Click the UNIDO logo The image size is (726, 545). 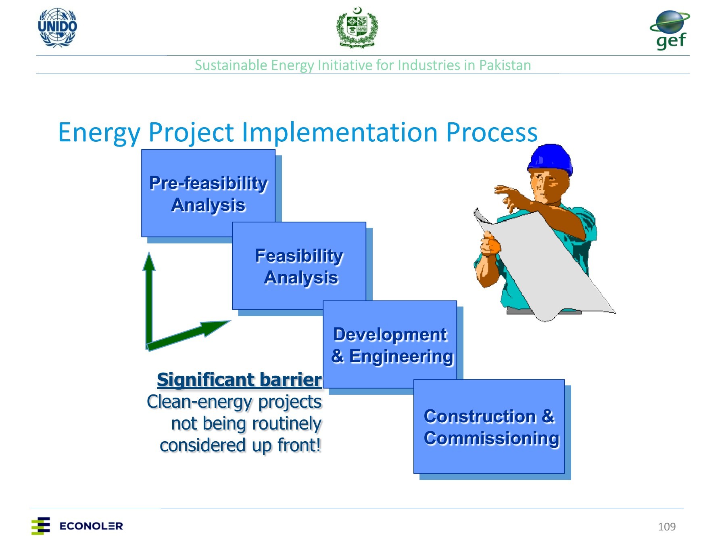click(57, 27)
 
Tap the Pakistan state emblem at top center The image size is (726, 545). click(357, 27)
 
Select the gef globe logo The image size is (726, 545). click(670, 30)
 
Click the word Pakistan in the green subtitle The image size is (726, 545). click(505, 65)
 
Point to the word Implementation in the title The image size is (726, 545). click(340, 132)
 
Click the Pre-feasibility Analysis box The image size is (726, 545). click(208, 193)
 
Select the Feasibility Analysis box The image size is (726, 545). click(299, 266)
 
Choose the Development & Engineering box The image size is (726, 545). click(390, 344)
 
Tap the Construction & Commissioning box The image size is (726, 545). click(489, 426)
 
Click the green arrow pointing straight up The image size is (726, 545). click(149, 299)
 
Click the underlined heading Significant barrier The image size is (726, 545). click(239, 380)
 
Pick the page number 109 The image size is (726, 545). click(667, 526)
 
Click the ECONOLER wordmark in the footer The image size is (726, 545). click(91, 526)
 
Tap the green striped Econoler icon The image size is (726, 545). click(41, 526)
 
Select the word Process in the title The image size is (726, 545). click(492, 132)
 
